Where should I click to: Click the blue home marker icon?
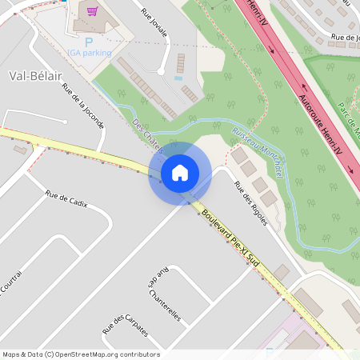click(x=180, y=173)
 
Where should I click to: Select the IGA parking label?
click(x=88, y=53)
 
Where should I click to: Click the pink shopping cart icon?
click(x=93, y=12)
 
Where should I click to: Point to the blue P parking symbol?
click(x=89, y=41)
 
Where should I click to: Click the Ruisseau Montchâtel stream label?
click(x=256, y=153)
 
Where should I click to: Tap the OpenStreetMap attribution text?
click(x=80, y=354)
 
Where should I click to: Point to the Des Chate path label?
click(x=146, y=135)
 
